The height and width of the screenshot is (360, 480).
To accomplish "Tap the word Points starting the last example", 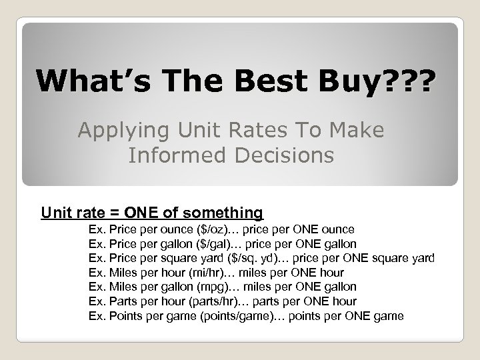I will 124,315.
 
